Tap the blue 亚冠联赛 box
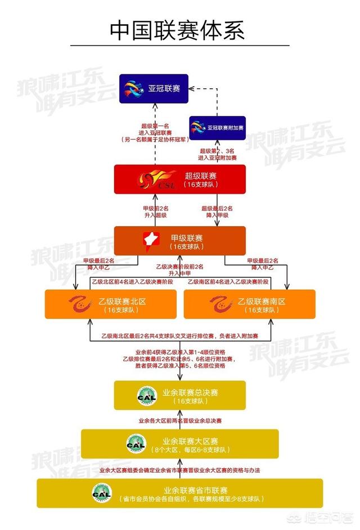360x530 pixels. [153, 88]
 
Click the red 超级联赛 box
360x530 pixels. [180, 179]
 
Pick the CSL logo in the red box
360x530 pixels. [156, 180]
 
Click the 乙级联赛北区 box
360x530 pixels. [111, 305]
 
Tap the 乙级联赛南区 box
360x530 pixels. [249, 305]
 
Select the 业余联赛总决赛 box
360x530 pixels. [180, 395]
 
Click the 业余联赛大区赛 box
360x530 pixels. [180, 444]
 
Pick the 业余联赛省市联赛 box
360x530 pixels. [180, 493]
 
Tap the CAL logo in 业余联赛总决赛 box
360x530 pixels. [143, 395]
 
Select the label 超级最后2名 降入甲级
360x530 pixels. [217, 212]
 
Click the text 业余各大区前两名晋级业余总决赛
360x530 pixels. [180, 420]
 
